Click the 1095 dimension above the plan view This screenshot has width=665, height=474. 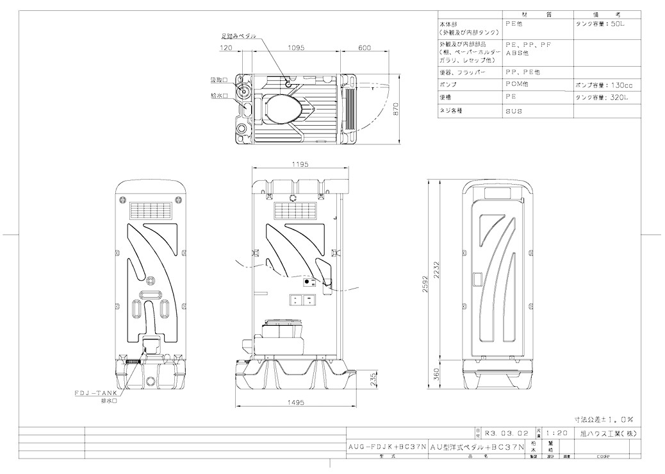click(295, 47)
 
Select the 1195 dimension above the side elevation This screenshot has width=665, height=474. click(300, 165)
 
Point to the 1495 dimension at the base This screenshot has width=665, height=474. click(295, 402)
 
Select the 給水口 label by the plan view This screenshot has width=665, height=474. click(220, 96)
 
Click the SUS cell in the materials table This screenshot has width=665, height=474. click(514, 111)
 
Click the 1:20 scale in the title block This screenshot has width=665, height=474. click(555, 433)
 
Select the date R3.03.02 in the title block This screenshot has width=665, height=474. click(505, 433)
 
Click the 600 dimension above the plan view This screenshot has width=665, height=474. click(365, 47)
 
